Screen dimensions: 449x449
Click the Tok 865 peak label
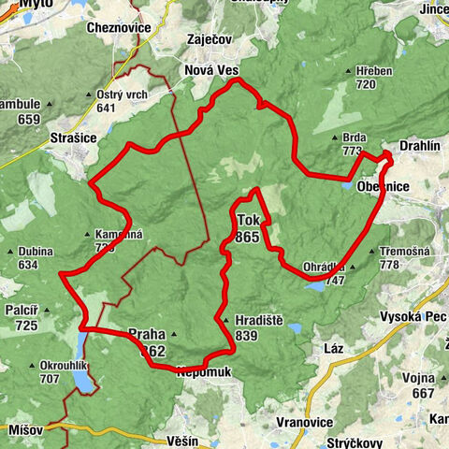pos(248,229)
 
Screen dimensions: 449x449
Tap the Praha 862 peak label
pos(147,342)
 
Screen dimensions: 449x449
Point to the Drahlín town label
pos(419,147)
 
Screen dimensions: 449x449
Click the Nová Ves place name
pos(211,71)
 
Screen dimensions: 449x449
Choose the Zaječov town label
pos(210,41)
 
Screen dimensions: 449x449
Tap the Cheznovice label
pos(118,28)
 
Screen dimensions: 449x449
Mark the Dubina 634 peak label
pos(34,257)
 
